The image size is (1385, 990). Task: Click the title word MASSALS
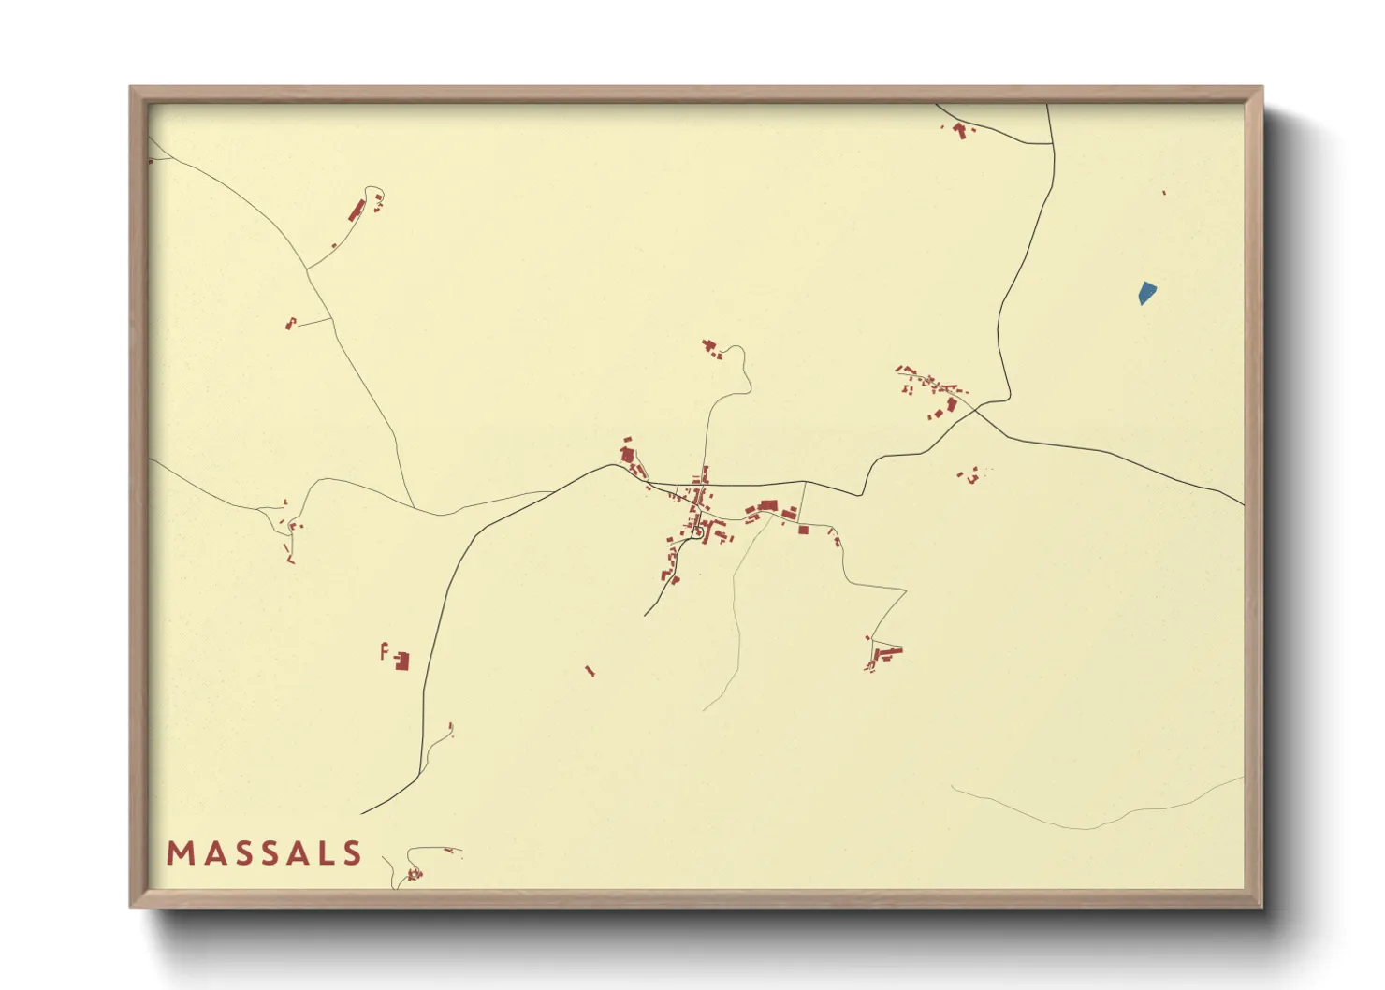point(264,853)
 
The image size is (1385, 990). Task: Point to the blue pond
point(1145,293)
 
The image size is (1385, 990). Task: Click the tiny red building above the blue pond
point(1163,193)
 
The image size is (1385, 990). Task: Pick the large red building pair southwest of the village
point(401,661)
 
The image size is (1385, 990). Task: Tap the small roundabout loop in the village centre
point(697,531)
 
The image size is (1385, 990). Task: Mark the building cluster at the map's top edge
point(959,130)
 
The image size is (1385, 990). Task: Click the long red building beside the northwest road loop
point(357,210)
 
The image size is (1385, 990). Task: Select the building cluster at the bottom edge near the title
point(413,875)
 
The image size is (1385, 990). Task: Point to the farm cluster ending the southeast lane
point(883,653)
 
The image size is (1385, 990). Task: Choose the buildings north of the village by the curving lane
point(712,350)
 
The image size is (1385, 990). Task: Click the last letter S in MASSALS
point(352,853)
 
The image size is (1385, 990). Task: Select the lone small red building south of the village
point(590,670)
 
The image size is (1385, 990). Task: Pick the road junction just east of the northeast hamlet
point(976,409)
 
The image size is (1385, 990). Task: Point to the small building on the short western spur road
point(290,324)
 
